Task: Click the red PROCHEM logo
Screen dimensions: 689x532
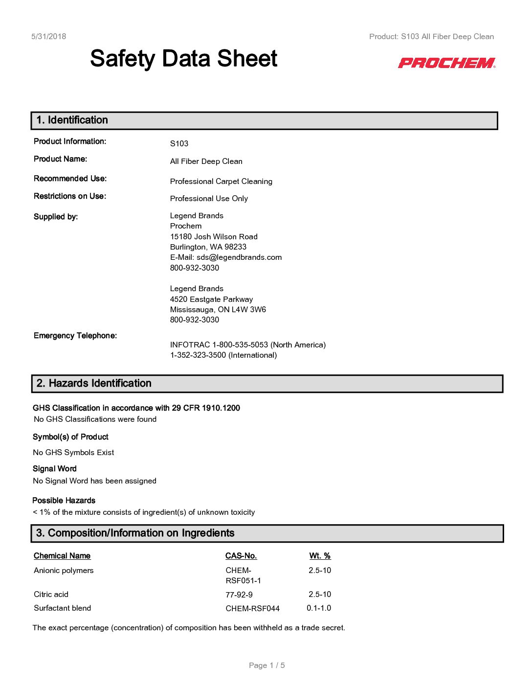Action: (x=446, y=63)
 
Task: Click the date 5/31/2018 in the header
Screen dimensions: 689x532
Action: (x=48, y=36)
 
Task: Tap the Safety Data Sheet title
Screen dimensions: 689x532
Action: (x=183, y=59)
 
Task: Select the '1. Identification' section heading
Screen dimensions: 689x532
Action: (x=72, y=120)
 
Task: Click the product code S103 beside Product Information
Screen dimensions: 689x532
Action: (x=179, y=143)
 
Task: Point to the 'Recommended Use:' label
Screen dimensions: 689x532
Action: (x=70, y=179)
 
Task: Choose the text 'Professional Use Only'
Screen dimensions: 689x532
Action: (x=209, y=198)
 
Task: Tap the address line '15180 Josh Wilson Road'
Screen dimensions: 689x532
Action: (x=214, y=237)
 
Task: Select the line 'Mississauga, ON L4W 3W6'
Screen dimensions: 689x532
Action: (x=218, y=309)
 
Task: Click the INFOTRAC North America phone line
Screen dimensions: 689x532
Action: (x=247, y=345)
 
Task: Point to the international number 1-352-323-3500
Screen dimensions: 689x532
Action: (x=223, y=355)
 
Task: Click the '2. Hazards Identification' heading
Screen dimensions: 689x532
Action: (x=94, y=384)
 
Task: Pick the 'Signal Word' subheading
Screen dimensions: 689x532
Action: (x=55, y=469)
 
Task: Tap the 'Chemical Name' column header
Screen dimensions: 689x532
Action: (x=62, y=556)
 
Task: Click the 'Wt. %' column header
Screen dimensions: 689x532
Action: (x=320, y=556)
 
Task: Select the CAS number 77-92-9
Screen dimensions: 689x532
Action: (x=239, y=595)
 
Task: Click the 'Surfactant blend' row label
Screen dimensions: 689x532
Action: (x=62, y=608)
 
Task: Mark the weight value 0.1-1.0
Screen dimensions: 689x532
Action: (x=319, y=608)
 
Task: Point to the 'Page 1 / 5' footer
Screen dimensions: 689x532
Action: (x=266, y=666)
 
